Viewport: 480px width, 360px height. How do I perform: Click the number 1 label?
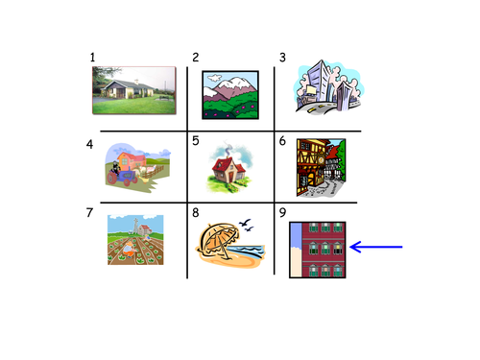coord(92,58)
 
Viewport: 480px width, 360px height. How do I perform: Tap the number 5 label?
coord(196,141)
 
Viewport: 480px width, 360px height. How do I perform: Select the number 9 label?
coord(282,212)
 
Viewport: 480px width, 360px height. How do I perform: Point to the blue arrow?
coord(376,247)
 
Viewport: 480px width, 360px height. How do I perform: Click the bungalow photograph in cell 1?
coord(134,90)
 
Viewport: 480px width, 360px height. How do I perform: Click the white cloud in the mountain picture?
coord(214,78)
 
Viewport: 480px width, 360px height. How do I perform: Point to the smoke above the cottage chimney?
coord(228,148)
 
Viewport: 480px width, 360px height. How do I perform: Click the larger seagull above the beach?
coord(245,222)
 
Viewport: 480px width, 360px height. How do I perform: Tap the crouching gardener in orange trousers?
coord(129,250)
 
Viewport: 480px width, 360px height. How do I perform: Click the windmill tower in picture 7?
coord(136,226)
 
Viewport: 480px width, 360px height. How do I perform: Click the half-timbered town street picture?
coord(321,168)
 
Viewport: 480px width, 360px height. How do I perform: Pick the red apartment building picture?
coord(318,250)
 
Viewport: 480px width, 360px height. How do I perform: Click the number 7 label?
coord(89,212)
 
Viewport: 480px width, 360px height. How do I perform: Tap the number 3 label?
coord(282,58)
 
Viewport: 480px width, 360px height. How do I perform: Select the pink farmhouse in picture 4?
coord(132,161)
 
